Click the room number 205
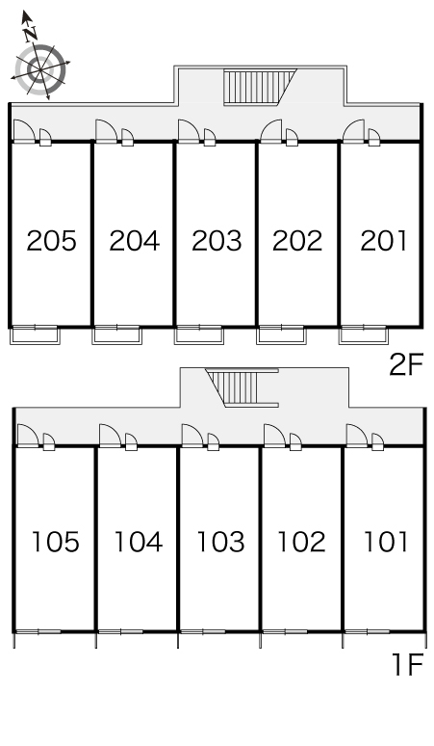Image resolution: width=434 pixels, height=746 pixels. coord(51,241)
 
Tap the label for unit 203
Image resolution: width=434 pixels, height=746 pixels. coord(217,241)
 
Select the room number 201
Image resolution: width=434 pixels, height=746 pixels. coord(384,241)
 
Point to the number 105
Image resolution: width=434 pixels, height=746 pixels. coord(55,542)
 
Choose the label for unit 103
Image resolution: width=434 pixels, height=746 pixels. coord(220,542)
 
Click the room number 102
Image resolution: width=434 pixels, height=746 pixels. coord(301,542)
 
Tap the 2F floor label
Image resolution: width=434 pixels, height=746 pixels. coord(406,365)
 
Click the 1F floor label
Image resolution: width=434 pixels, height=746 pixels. coord(408,665)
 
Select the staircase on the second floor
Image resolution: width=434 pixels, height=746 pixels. coord(260,87)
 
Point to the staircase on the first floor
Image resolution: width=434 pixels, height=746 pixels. coord(243,388)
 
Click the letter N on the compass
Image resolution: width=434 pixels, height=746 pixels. coord(32,34)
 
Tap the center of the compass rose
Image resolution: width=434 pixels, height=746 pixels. coord(40,70)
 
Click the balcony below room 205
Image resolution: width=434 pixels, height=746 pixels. coord(36,335)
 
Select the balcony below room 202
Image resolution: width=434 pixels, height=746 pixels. coord(281,335)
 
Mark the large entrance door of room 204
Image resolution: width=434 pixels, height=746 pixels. coord(107,131)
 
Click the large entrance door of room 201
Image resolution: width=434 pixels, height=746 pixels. coord(354,131)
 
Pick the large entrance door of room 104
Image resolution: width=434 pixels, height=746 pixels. coord(110,436)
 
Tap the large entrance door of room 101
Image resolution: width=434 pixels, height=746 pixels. coord(357,436)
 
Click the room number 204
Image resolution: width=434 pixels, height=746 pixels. coord(135,241)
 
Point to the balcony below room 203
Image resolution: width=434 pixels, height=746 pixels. coord(199,335)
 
